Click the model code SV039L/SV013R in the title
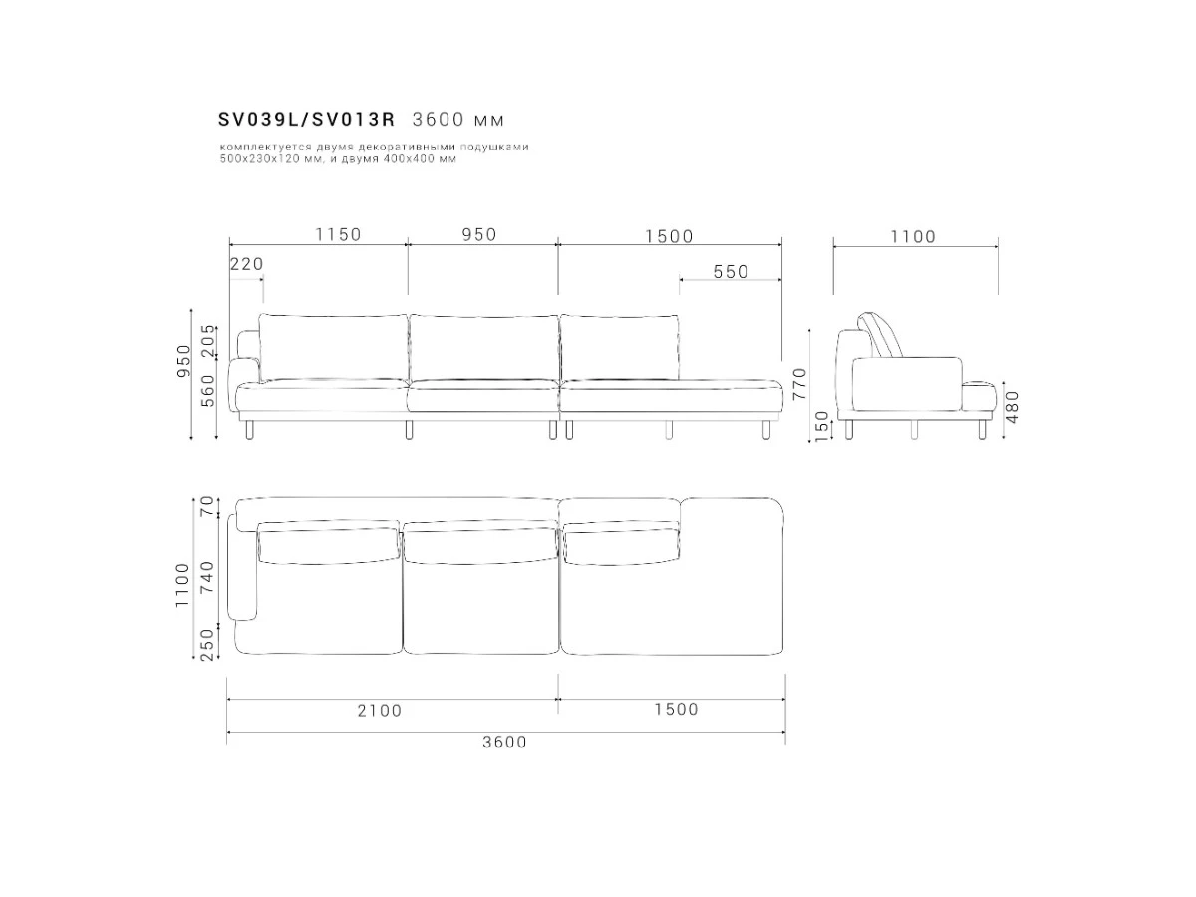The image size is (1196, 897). tap(306, 119)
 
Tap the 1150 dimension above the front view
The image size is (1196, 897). tap(338, 235)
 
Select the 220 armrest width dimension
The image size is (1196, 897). tap(247, 264)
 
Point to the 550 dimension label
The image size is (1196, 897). tap(731, 272)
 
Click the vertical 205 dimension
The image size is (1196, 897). tap(208, 341)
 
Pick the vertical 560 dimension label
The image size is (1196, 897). tap(208, 390)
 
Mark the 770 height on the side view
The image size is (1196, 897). tap(799, 384)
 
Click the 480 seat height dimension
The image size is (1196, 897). tap(1012, 407)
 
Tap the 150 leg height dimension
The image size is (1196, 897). tap(821, 425)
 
